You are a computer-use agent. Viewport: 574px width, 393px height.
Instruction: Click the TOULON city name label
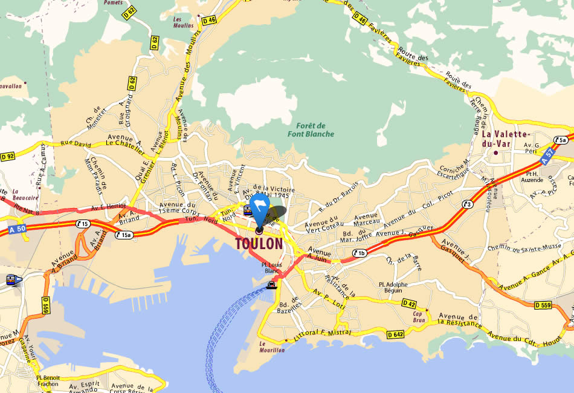click(259, 244)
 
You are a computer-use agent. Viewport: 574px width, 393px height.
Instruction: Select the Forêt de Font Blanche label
click(311, 129)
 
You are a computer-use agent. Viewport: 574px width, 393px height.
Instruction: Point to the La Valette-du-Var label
click(506, 139)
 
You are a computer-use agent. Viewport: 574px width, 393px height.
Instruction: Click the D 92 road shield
click(8, 156)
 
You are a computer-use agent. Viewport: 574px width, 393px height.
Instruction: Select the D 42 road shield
click(409, 304)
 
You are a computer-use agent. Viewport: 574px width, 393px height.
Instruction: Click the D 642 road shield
click(396, 334)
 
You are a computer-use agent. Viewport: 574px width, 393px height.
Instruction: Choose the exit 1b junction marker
click(360, 253)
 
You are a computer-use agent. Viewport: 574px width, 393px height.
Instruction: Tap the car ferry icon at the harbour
click(272, 285)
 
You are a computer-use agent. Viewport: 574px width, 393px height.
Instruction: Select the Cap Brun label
click(419, 316)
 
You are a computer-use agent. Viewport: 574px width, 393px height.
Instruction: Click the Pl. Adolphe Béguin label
click(393, 287)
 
